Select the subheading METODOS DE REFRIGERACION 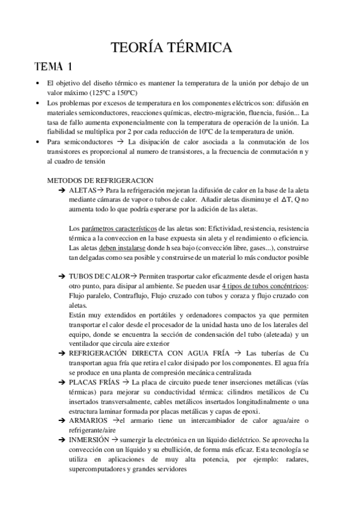pyautogui.click(x=100, y=180)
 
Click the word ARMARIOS pyautogui.click(x=88, y=420)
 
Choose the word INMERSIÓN pyautogui.click(x=90, y=440)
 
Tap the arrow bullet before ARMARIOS pyautogui.click(x=63, y=420)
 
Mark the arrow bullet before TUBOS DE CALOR pyautogui.click(x=63, y=277)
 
